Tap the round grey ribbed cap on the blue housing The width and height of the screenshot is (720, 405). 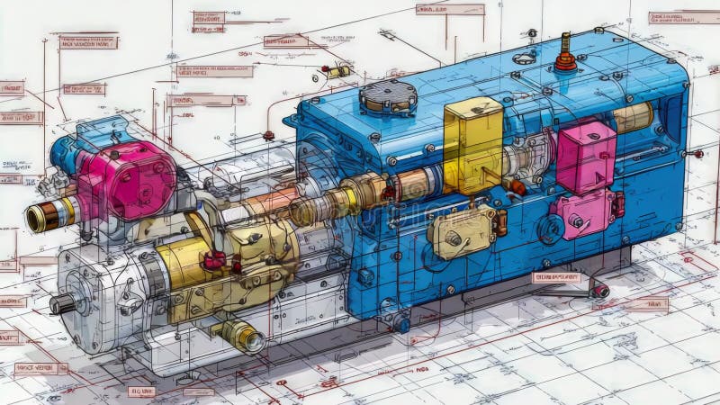tap(388, 95)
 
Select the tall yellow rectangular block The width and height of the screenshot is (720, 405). tap(473, 144)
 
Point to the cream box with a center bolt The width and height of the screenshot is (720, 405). tap(462, 232)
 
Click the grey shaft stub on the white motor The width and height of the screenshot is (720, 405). tap(62, 304)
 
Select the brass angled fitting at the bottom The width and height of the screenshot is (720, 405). tap(241, 336)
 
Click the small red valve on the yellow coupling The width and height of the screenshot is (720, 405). tap(214, 261)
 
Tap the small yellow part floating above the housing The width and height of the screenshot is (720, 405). tap(338, 72)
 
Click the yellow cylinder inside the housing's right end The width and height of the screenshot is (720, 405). tap(634, 116)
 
